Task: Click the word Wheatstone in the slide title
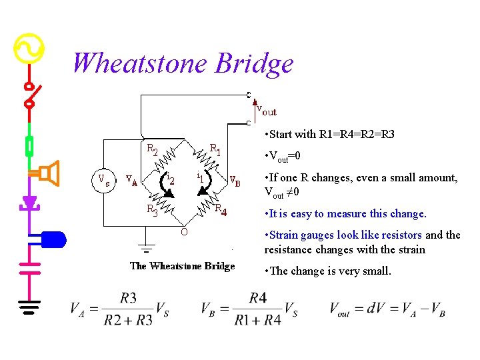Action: (139, 63)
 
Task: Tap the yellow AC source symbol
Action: (29, 49)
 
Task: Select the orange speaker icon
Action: (49, 173)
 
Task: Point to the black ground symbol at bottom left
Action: (29, 306)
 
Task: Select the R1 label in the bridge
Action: (215, 148)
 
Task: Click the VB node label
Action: (235, 180)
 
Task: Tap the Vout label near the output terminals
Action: (266, 111)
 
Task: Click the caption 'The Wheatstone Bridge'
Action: (182, 266)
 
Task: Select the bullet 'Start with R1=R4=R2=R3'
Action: (329, 134)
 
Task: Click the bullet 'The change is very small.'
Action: (328, 271)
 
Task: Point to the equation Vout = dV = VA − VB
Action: (387, 309)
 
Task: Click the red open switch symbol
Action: (29, 95)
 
